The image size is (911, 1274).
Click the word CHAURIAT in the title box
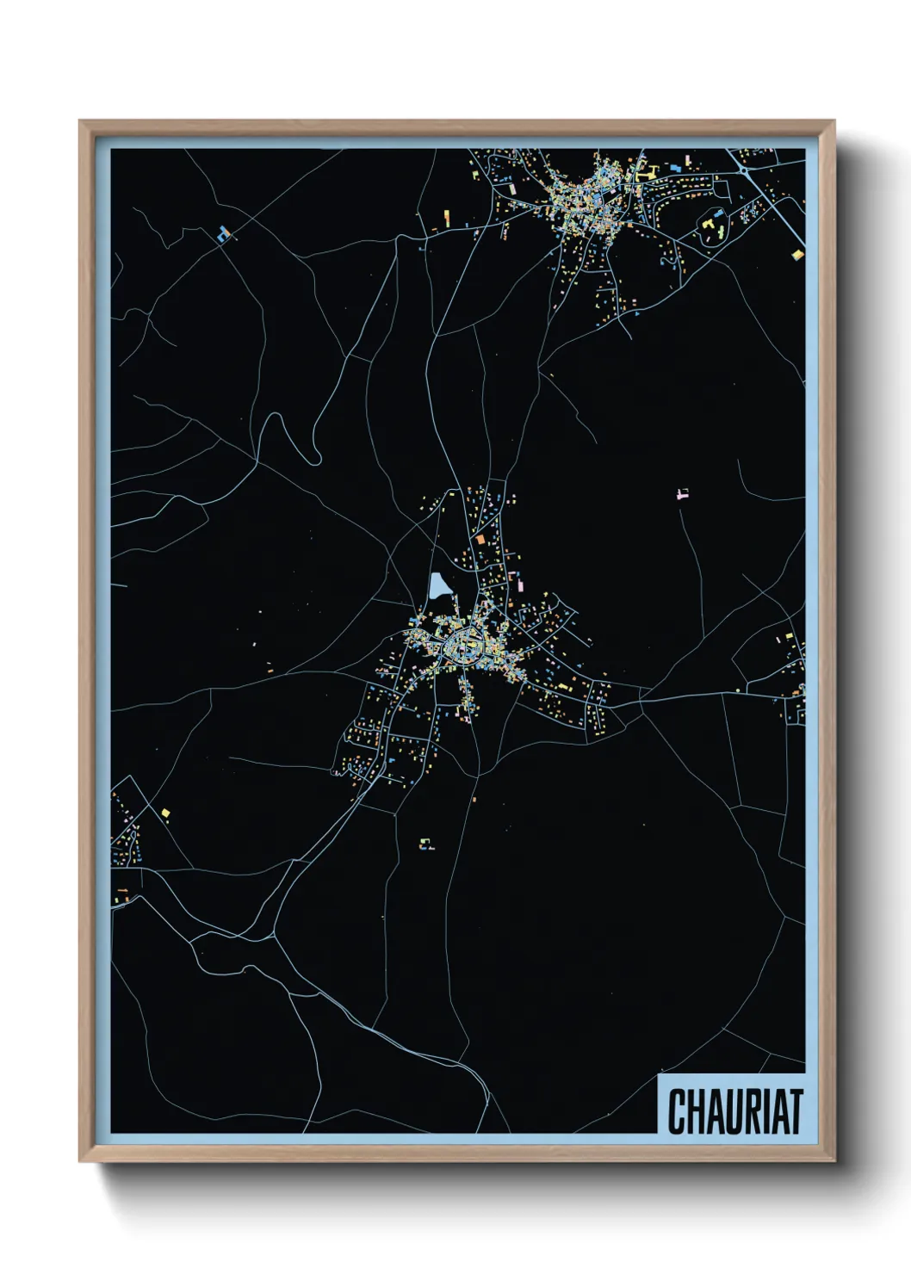[x=734, y=1111]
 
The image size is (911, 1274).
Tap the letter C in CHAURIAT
[x=677, y=1111]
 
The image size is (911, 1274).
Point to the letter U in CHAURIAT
[x=731, y=1111]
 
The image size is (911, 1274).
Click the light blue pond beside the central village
[x=440, y=587]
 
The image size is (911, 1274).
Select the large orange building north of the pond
[x=480, y=540]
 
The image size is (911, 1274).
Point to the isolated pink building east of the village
[x=684, y=494]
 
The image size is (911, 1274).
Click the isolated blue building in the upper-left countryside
[x=225, y=232]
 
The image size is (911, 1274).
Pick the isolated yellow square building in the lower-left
[x=165, y=812]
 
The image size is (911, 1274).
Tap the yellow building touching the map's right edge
[x=798, y=255]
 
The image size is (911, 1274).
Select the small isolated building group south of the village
[x=425, y=844]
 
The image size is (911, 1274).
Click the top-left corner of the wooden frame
[x=80, y=121]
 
